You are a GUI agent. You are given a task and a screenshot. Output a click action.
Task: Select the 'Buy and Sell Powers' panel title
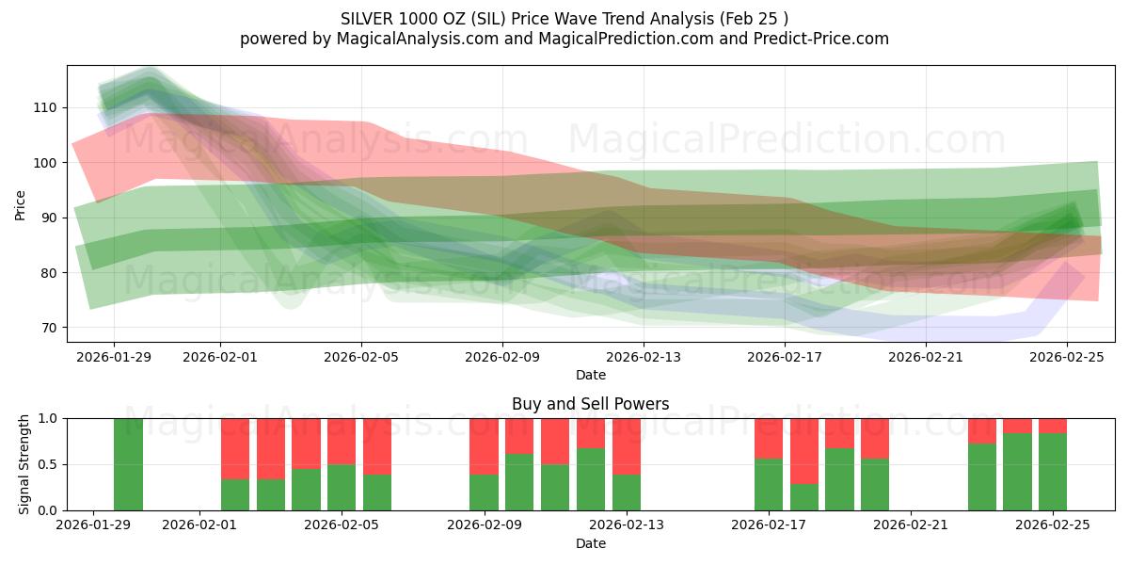(x=591, y=404)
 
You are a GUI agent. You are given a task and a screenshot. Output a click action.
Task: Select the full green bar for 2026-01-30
(x=129, y=464)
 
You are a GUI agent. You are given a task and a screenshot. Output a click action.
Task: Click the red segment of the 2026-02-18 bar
(x=804, y=450)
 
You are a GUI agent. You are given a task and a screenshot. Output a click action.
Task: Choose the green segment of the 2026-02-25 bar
(x=1053, y=472)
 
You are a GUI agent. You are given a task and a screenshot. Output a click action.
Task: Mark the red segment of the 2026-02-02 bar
(x=235, y=448)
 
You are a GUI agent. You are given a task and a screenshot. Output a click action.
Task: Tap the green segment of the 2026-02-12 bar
(x=591, y=479)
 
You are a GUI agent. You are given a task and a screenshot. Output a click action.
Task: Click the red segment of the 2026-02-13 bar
(x=627, y=445)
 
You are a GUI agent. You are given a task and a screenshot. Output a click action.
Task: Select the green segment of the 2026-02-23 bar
(x=982, y=476)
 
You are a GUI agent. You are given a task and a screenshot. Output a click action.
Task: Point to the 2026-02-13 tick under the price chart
(x=644, y=357)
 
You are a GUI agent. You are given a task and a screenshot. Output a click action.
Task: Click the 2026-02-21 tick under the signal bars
(x=911, y=525)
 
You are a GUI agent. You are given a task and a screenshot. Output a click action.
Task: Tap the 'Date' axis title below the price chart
(x=591, y=376)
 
